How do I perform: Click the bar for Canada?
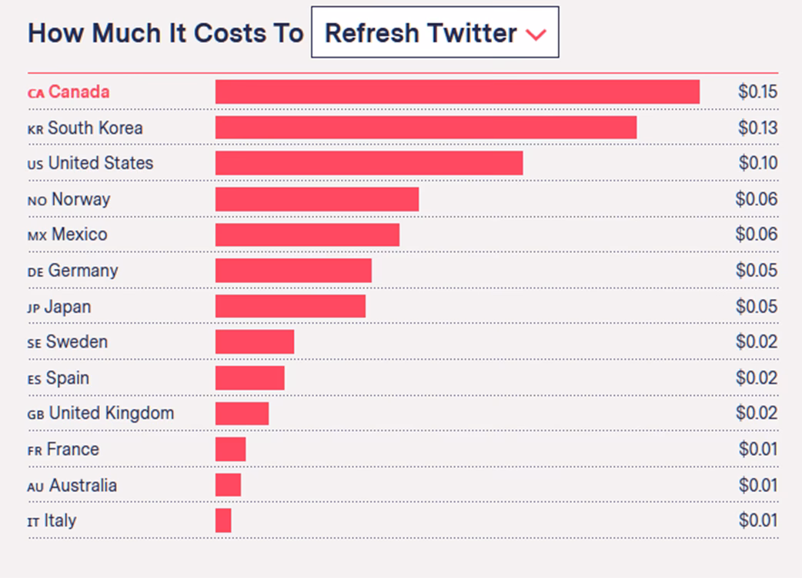click(x=457, y=91)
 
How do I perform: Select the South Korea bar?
click(x=426, y=128)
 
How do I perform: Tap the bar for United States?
click(x=369, y=163)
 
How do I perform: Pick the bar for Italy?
click(x=223, y=520)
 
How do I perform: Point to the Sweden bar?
click(x=255, y=342)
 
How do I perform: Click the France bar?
click(x=230, y=450)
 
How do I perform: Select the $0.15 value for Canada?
click(x=757, y=92)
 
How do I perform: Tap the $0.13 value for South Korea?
click(x=757, y=128)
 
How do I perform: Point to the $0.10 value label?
click(x=757, y=163)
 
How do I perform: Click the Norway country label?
click(x=80, y=199)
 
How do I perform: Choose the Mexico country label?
click(x=79, y=234)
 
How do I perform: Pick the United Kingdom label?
click(x=111, y=414)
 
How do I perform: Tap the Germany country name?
click(x=82, y=271)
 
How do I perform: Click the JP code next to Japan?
click(x=33, y=307)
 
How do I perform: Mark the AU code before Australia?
click(x=35, y=487)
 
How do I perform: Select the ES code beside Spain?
click(x=34, y=379)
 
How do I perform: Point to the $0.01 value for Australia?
click(x=757, y=485)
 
